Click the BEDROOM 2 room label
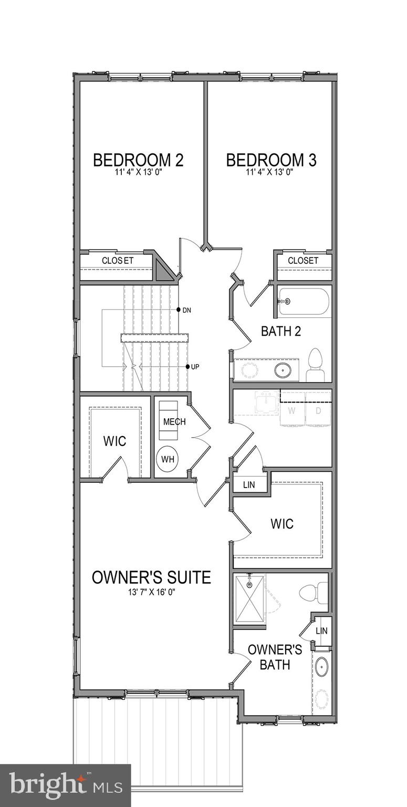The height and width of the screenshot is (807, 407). [x=138, y=160]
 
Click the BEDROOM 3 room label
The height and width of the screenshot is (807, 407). [x=271, y=160]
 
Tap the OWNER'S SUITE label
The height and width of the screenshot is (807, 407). [x=151, y=577]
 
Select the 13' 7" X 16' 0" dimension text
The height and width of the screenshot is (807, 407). [x=151, y=592]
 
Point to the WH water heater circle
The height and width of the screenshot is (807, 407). [x=168, y=459]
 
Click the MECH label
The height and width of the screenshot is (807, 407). [x=174, y=422]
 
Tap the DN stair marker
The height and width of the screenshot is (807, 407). [x=186, y=310]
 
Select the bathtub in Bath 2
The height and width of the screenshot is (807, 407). [x=304, y=302]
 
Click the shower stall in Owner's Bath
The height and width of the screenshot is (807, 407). [x=249, y=599]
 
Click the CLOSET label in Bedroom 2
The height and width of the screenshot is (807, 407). [x=118, y=260]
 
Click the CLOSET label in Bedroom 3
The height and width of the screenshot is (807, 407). [x=303, y=260]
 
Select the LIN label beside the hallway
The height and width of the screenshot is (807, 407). [x=249, y=484]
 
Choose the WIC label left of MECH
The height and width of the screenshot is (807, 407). [x=114, y=441]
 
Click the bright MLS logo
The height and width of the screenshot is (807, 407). [x=65, y=785]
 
